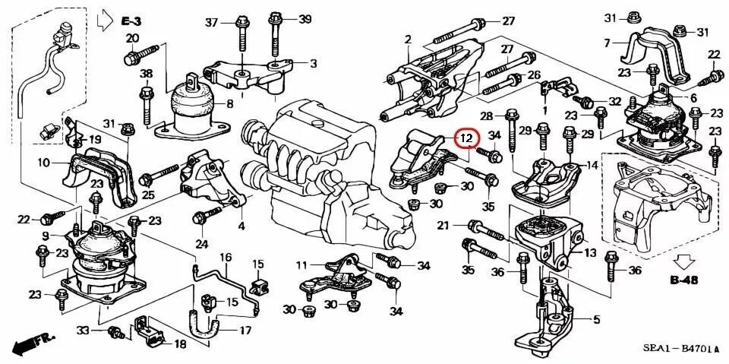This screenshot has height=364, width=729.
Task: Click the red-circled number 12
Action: point(466,138)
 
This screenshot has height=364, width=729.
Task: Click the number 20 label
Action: point(132,39)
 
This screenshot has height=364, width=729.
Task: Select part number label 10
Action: point(43,163)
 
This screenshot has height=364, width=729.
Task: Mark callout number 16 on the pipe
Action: point(226,257)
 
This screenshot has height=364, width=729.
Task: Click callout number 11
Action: point(301,265)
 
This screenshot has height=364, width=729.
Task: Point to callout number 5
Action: point(596,320)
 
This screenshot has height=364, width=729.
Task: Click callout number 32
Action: point(614,101)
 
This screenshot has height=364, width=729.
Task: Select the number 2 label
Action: point(407,39)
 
